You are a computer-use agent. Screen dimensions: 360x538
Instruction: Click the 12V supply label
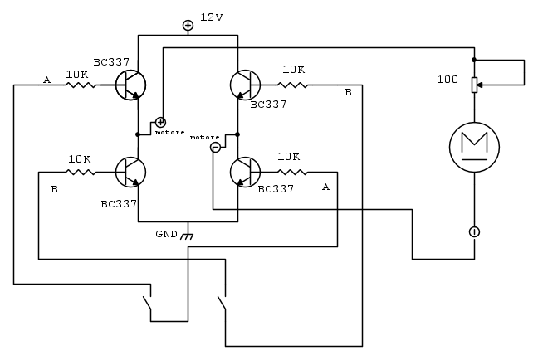[x=211, y=17]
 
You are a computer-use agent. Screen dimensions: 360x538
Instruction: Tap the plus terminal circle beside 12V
[x=188, y=26]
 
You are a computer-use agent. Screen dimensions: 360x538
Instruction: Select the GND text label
[x=166, y=233]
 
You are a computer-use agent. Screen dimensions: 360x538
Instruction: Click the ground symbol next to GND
[x=188, y=236]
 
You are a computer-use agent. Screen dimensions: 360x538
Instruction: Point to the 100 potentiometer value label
[x=447, y=80]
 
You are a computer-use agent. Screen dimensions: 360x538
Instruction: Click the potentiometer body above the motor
[x=474, y=84]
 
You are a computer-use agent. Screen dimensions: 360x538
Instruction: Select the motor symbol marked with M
[x=474, y=146]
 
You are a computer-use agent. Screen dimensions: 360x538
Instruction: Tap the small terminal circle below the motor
[x=474, y=231]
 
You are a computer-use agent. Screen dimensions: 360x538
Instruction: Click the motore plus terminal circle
[x=160, y=123]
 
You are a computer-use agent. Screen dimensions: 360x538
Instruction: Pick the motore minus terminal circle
[x=215, y=148]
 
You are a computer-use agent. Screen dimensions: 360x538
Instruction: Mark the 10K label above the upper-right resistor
[x=293, y=70]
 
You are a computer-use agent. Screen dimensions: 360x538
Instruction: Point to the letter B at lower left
[x=54, y=189]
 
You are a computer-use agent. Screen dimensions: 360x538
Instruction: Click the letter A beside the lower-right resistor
[x=325, y=187]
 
